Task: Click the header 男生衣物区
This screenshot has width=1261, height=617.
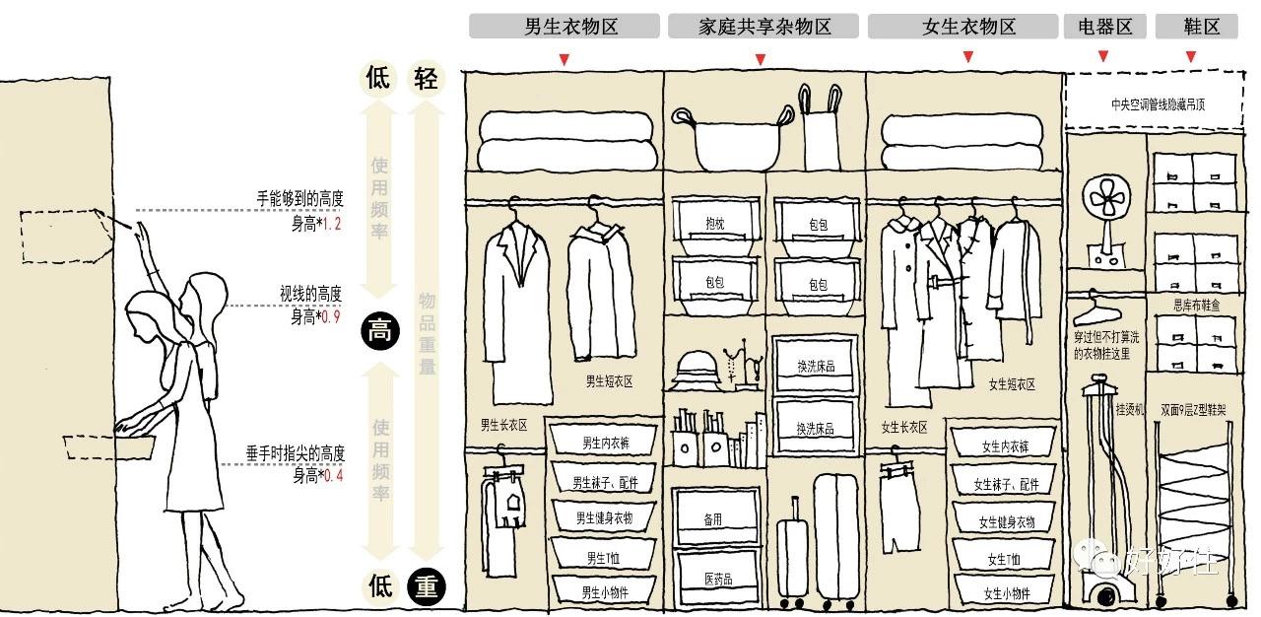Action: point(564,27)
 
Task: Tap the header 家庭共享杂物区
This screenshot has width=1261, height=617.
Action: point(763,27)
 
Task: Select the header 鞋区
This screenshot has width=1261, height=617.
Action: point(1196,27)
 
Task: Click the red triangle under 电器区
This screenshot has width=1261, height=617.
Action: point(1103,57)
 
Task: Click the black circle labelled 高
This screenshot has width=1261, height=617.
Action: point(380,330)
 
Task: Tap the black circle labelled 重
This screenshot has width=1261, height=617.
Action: point(426,587)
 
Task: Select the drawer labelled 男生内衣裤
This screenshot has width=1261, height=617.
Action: point(604,442)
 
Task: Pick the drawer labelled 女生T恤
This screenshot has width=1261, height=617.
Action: point(1005,559)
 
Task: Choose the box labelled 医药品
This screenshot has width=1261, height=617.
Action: point(717,578)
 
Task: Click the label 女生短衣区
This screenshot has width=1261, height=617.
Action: point(1012,384)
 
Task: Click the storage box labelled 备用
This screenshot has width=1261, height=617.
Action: point(713,518)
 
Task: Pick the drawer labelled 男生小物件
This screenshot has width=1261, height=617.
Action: point(604,592)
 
